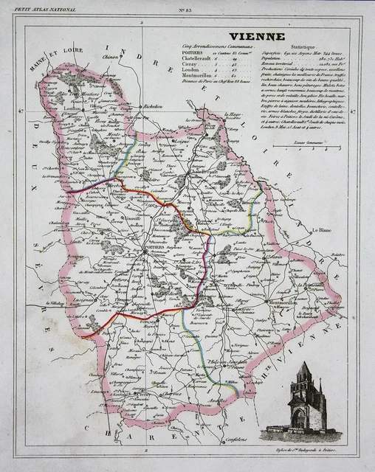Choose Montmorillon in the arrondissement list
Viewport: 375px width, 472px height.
pyautogui.click(x=199, y=80)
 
